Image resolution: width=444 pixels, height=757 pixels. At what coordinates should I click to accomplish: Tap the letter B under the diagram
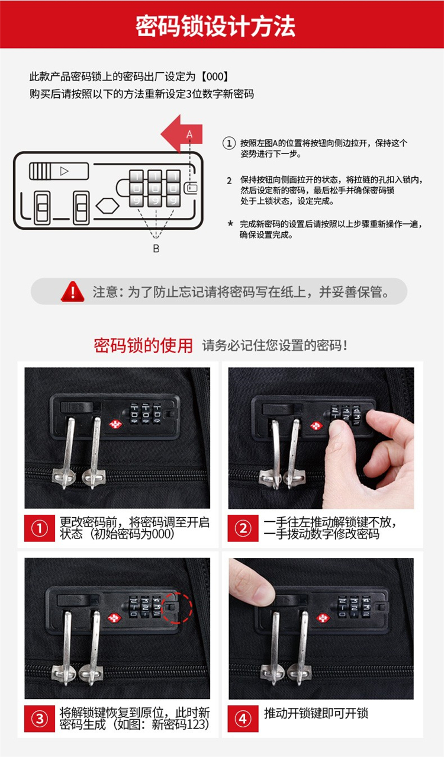156,248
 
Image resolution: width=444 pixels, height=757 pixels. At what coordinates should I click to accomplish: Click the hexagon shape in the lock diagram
107,206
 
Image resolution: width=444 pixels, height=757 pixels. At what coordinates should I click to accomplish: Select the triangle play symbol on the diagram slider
64,171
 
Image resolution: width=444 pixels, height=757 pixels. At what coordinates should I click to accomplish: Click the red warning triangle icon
73,291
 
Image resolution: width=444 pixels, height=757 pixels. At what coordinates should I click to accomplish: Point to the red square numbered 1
40,528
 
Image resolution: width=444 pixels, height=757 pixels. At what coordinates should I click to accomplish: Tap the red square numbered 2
243,528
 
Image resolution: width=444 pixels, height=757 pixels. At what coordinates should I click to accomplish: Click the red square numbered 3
40,718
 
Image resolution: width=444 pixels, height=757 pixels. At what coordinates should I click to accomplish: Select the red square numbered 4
243,718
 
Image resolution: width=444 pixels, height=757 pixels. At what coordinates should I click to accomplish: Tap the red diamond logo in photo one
115,424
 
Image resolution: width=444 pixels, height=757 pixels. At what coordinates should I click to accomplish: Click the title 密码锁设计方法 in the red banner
215,26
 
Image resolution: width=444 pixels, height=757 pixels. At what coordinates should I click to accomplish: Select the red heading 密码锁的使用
143,345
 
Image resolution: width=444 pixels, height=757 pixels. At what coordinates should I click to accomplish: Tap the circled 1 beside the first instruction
229,143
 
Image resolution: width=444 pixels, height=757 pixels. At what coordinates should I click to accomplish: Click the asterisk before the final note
230,223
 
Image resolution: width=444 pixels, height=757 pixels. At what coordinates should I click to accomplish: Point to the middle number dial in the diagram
155,188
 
